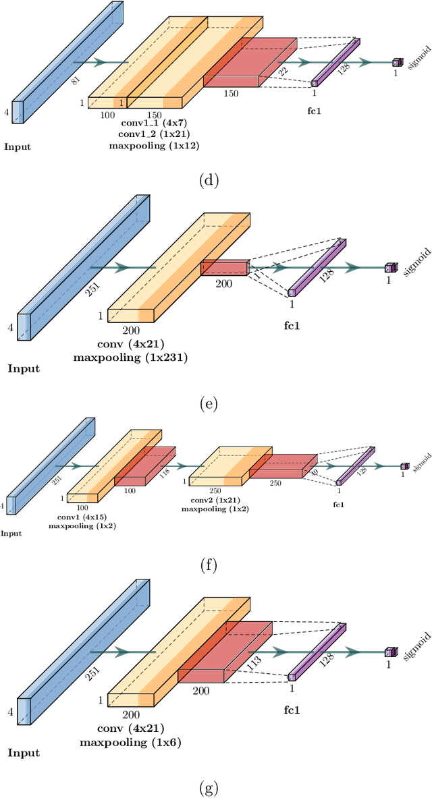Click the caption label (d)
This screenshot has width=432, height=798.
point(210,180)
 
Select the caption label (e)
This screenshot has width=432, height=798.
point(210,404)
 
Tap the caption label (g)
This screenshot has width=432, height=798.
point(210,787)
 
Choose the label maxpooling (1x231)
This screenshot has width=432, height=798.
point(130,358)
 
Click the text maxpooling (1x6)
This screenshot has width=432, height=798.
point(130,742)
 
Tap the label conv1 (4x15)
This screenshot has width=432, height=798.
point(82,516)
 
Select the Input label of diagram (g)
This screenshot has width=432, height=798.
point(24,753)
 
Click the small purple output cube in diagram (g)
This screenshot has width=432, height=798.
point(389,652)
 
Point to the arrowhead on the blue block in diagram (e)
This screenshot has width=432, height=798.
point(122,268)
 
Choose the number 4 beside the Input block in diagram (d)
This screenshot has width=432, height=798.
point(7,113)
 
